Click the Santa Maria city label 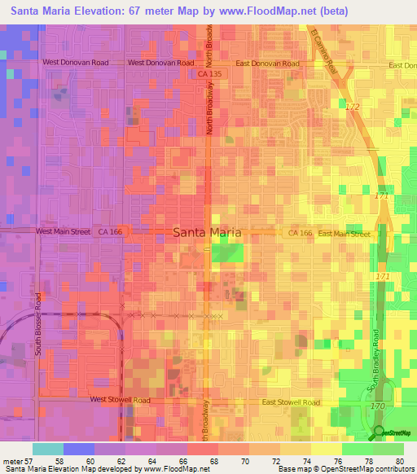(x=207, y=232)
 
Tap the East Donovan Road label (x=267, y=63)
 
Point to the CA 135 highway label (x=209, y=75)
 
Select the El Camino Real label (x=323, y=54)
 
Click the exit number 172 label (x=352, y=107)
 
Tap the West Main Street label (x=63, y=232)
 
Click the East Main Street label (x=344, y=234)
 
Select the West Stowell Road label (x=120, y=401)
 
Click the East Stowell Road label (x=291, y=402)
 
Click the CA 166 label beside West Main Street (x=110, y=232)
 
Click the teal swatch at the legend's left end (x=47, y=449)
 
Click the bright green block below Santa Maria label (x=227, y=253)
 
